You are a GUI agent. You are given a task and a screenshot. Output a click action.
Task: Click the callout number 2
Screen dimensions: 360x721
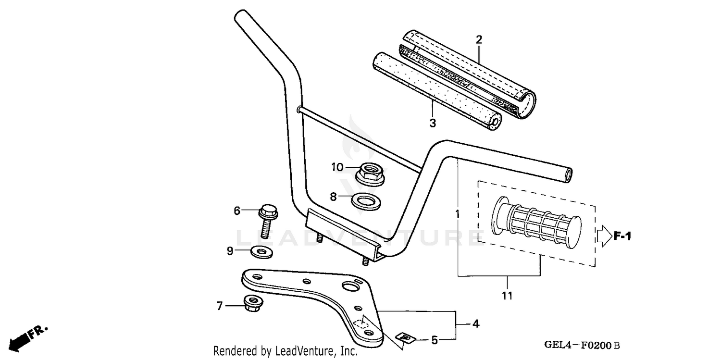pyautogui.click(x=479, y=39)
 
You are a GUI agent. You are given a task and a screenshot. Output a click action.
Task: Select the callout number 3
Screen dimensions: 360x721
pyautogui.click(x=433, y=123)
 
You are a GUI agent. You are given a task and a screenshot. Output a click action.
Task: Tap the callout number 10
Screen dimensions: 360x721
pyautogui.click(x=337, y=167)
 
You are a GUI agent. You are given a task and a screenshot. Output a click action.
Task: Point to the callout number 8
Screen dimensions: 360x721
pyautogui.click(x=333, y=196)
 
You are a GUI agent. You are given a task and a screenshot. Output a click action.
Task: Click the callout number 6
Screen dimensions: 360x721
pyautogui.click(x=236, y=210)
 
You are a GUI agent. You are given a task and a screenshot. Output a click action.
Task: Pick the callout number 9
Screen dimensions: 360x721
pyautogui.click(x=230, y=250)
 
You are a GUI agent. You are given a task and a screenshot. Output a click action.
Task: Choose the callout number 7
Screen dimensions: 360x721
pyautogui.click(x=220, y=306)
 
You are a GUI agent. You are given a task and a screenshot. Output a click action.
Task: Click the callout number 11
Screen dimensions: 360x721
pyautogui.click(x=508, y=295)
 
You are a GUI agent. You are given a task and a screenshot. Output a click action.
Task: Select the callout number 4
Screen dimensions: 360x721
pyautogui.click(x=475, y=324)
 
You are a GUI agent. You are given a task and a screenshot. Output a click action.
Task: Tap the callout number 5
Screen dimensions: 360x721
pyautogui.click(x=434, y=340)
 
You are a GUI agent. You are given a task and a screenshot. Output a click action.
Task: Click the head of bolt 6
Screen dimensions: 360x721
pyautogui.click(x=268, y=211)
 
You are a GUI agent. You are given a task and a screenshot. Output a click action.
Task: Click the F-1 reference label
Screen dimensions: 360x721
pyautogui.click(x=622, y=236)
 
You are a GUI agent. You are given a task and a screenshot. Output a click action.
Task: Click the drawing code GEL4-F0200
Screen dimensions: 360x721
pyautogui.click(x=582, y=345)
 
